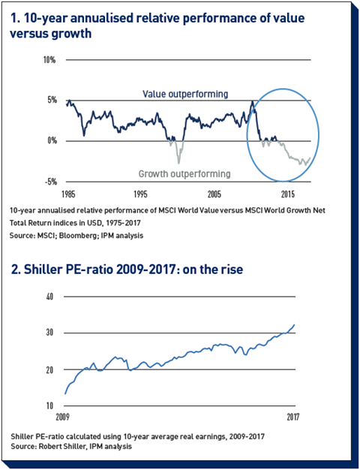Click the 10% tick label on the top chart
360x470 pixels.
pyautogui.click(x=49, y=60)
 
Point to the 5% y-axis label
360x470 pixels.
pyautogui.click(x=52, y=100)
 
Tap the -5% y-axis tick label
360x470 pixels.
pyautogui.click(x=50, y=182)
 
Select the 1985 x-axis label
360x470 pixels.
pyautogui.click(x=68, y=194)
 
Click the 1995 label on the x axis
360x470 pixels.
pyautogui.click(x=140, y=194)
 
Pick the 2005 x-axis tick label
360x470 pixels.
pyautogui.click(x=214, y=194)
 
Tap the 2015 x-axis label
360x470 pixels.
pyautogui.click(x=288, y=194)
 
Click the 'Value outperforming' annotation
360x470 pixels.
pyautogui.click(x=185, y=94)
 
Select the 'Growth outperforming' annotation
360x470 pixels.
pyautogui.click(x=184, y=174)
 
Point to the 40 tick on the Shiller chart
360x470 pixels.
pyautogui.click(x=49, y=297)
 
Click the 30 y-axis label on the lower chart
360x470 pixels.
pyautogui.click(x=49, y=333)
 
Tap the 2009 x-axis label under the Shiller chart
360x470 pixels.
pyautogui.click(x=62, y=417)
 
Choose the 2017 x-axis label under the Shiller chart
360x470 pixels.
pyautogui.click(x=293, y=417)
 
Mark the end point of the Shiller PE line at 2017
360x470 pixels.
pyautogui.click(x=295, y=324)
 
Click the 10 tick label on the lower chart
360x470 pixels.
pyautogui.click(x=49, y=405)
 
